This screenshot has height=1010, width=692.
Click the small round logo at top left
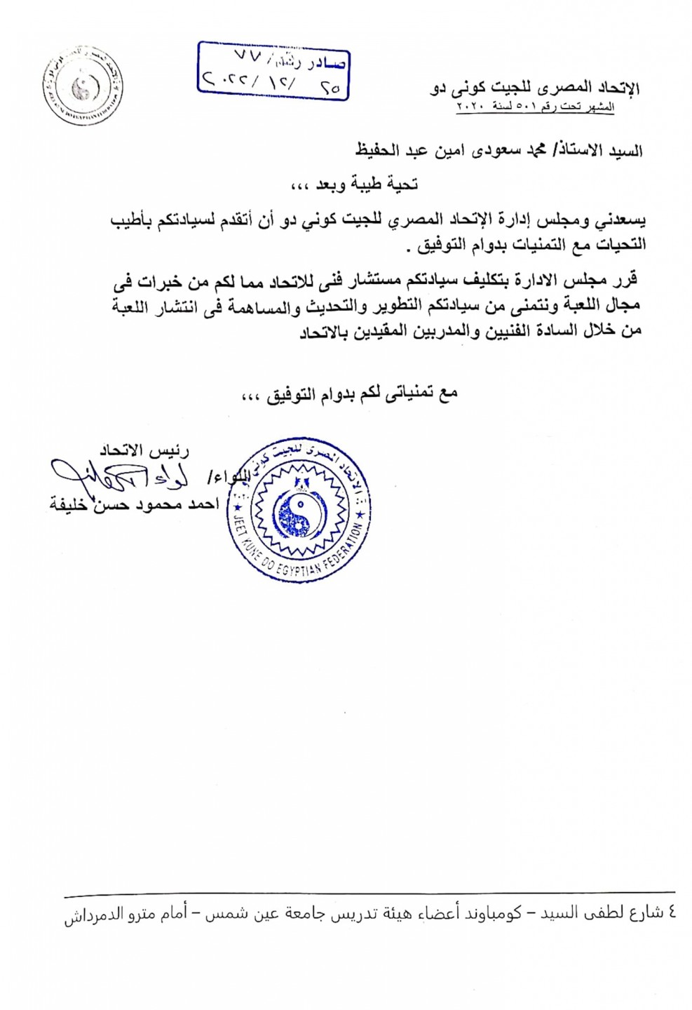(82, 87)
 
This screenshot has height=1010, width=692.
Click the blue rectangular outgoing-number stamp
(273, 71)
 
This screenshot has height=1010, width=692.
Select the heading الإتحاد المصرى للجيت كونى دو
(534, 89)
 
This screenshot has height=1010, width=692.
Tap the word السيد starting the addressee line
(624, 150)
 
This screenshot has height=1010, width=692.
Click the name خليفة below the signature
(68, 504)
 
